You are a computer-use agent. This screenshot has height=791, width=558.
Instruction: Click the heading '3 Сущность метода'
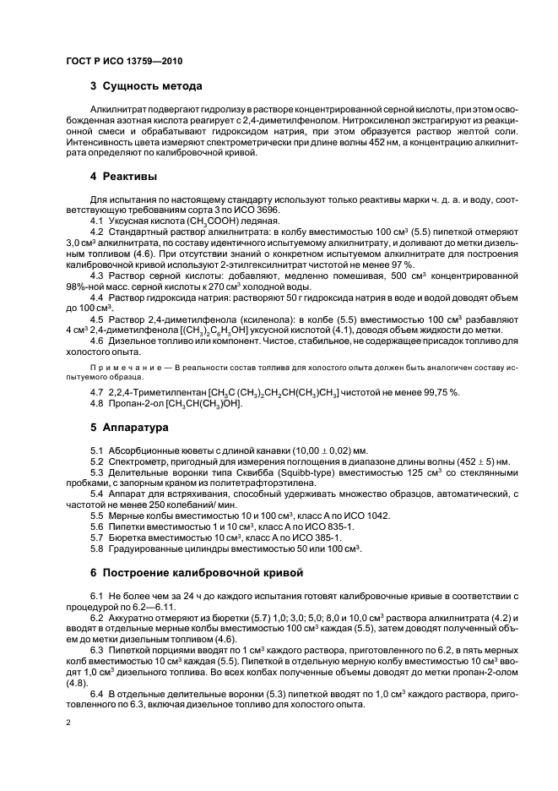[x=145, y=86]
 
